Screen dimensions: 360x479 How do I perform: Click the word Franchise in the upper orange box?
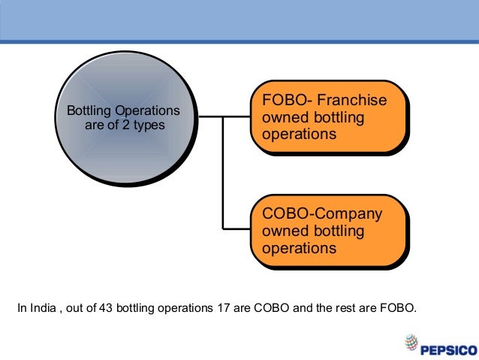coord(351,101)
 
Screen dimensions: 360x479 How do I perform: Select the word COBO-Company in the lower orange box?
coord(322,214)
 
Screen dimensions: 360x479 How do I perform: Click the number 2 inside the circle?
coord(126,125)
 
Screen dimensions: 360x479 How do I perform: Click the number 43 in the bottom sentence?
coord(107,307)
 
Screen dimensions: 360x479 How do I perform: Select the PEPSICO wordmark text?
coord(447,348)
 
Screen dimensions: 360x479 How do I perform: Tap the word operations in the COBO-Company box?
coord(298,248)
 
